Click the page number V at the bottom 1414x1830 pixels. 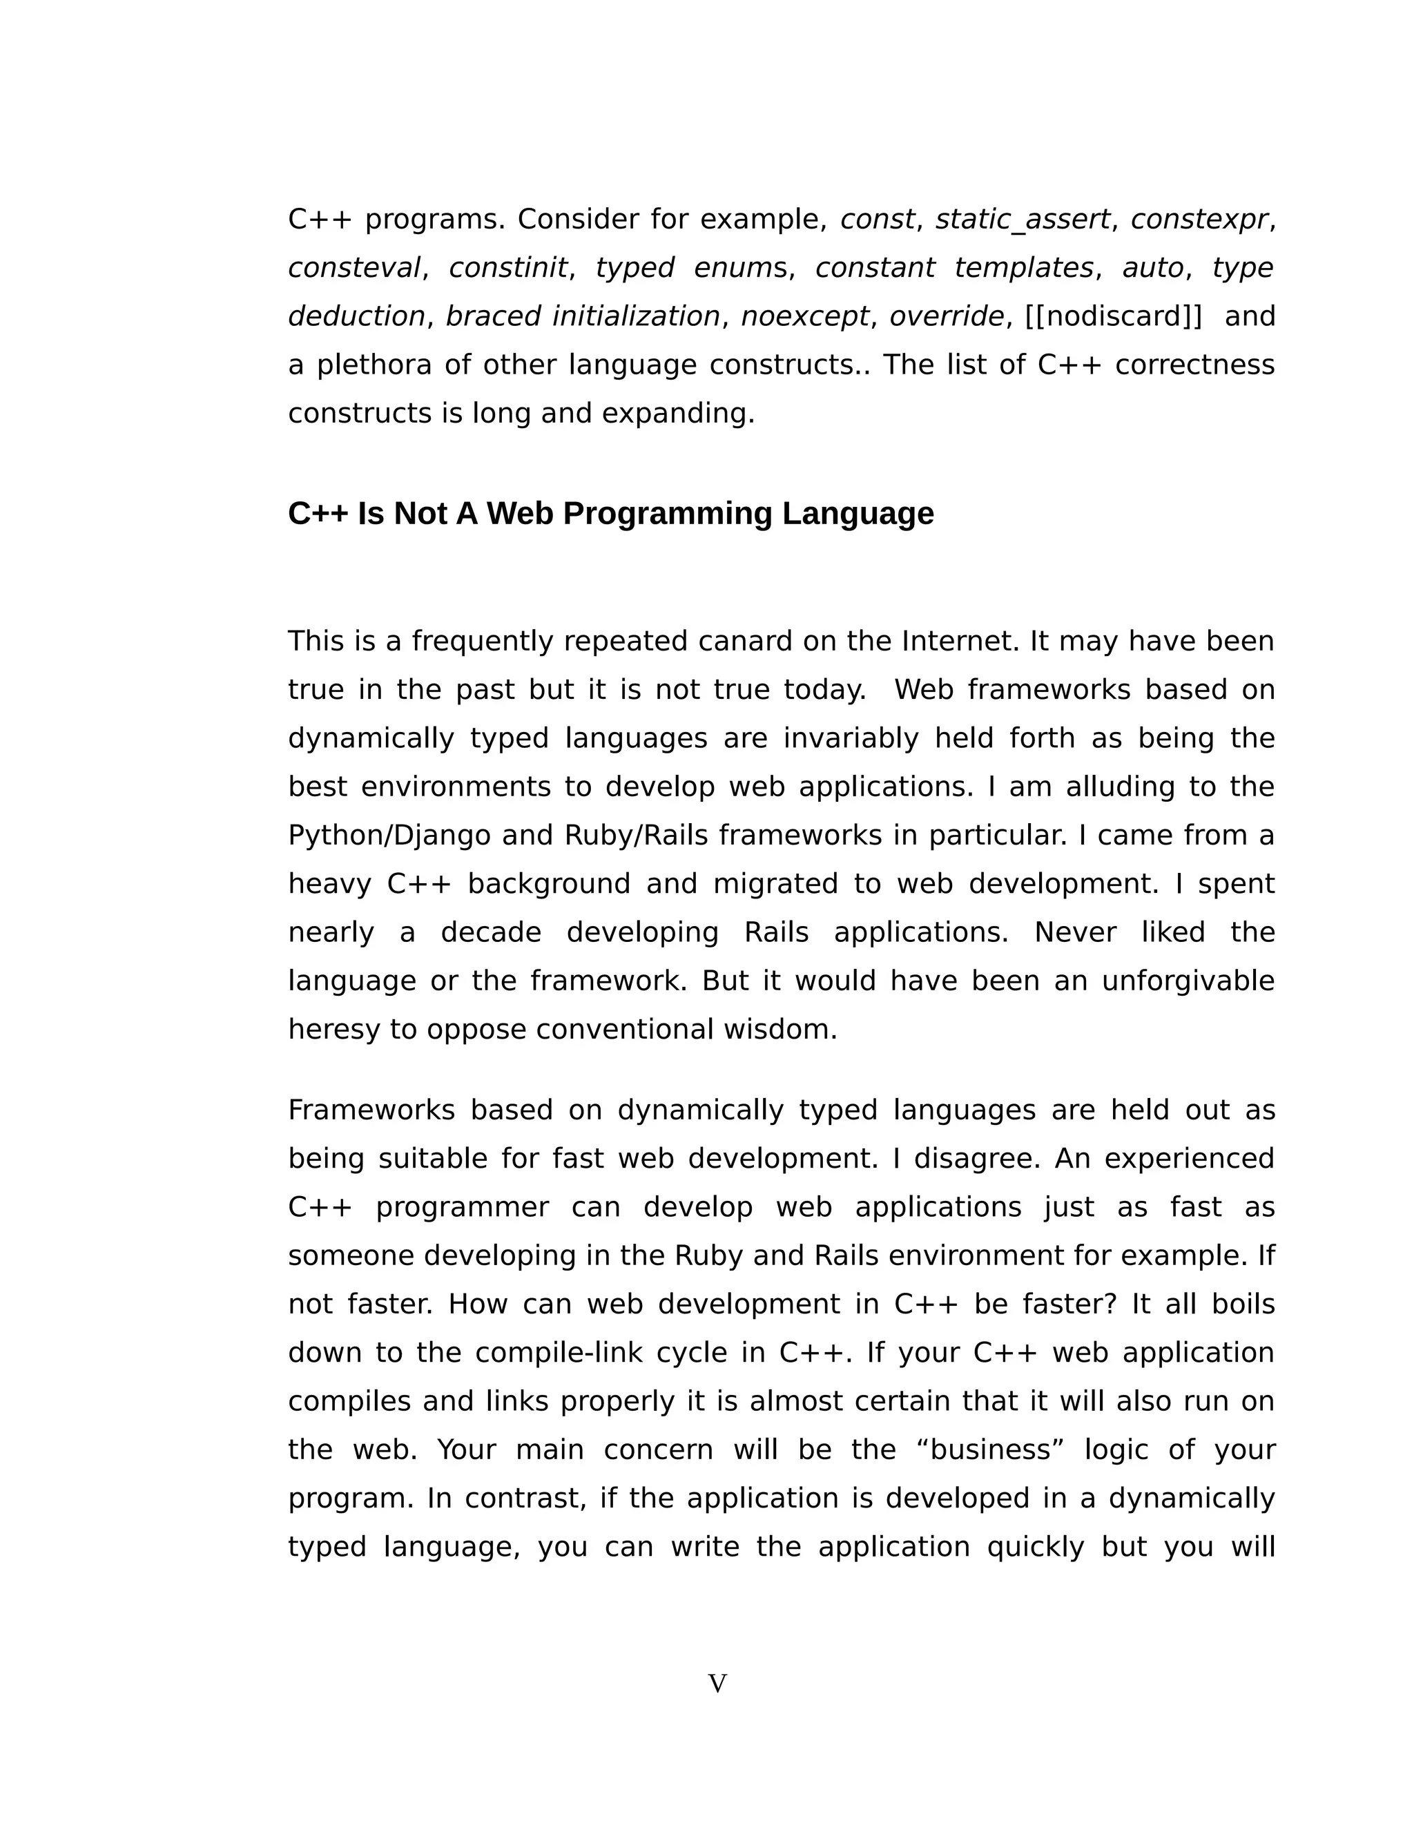[x=717, y=1684]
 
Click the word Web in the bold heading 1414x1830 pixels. [x=519, y=514]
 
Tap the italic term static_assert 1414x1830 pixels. [x=1023, y=220]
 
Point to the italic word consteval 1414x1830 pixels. [x=354, y=268]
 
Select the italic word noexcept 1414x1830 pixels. [x=805, y=317]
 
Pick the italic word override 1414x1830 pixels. [x=947, y=317]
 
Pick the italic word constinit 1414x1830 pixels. [x=508, y=268]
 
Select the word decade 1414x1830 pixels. [x=491, y=932]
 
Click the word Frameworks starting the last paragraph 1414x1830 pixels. [x=371, y=1110]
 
